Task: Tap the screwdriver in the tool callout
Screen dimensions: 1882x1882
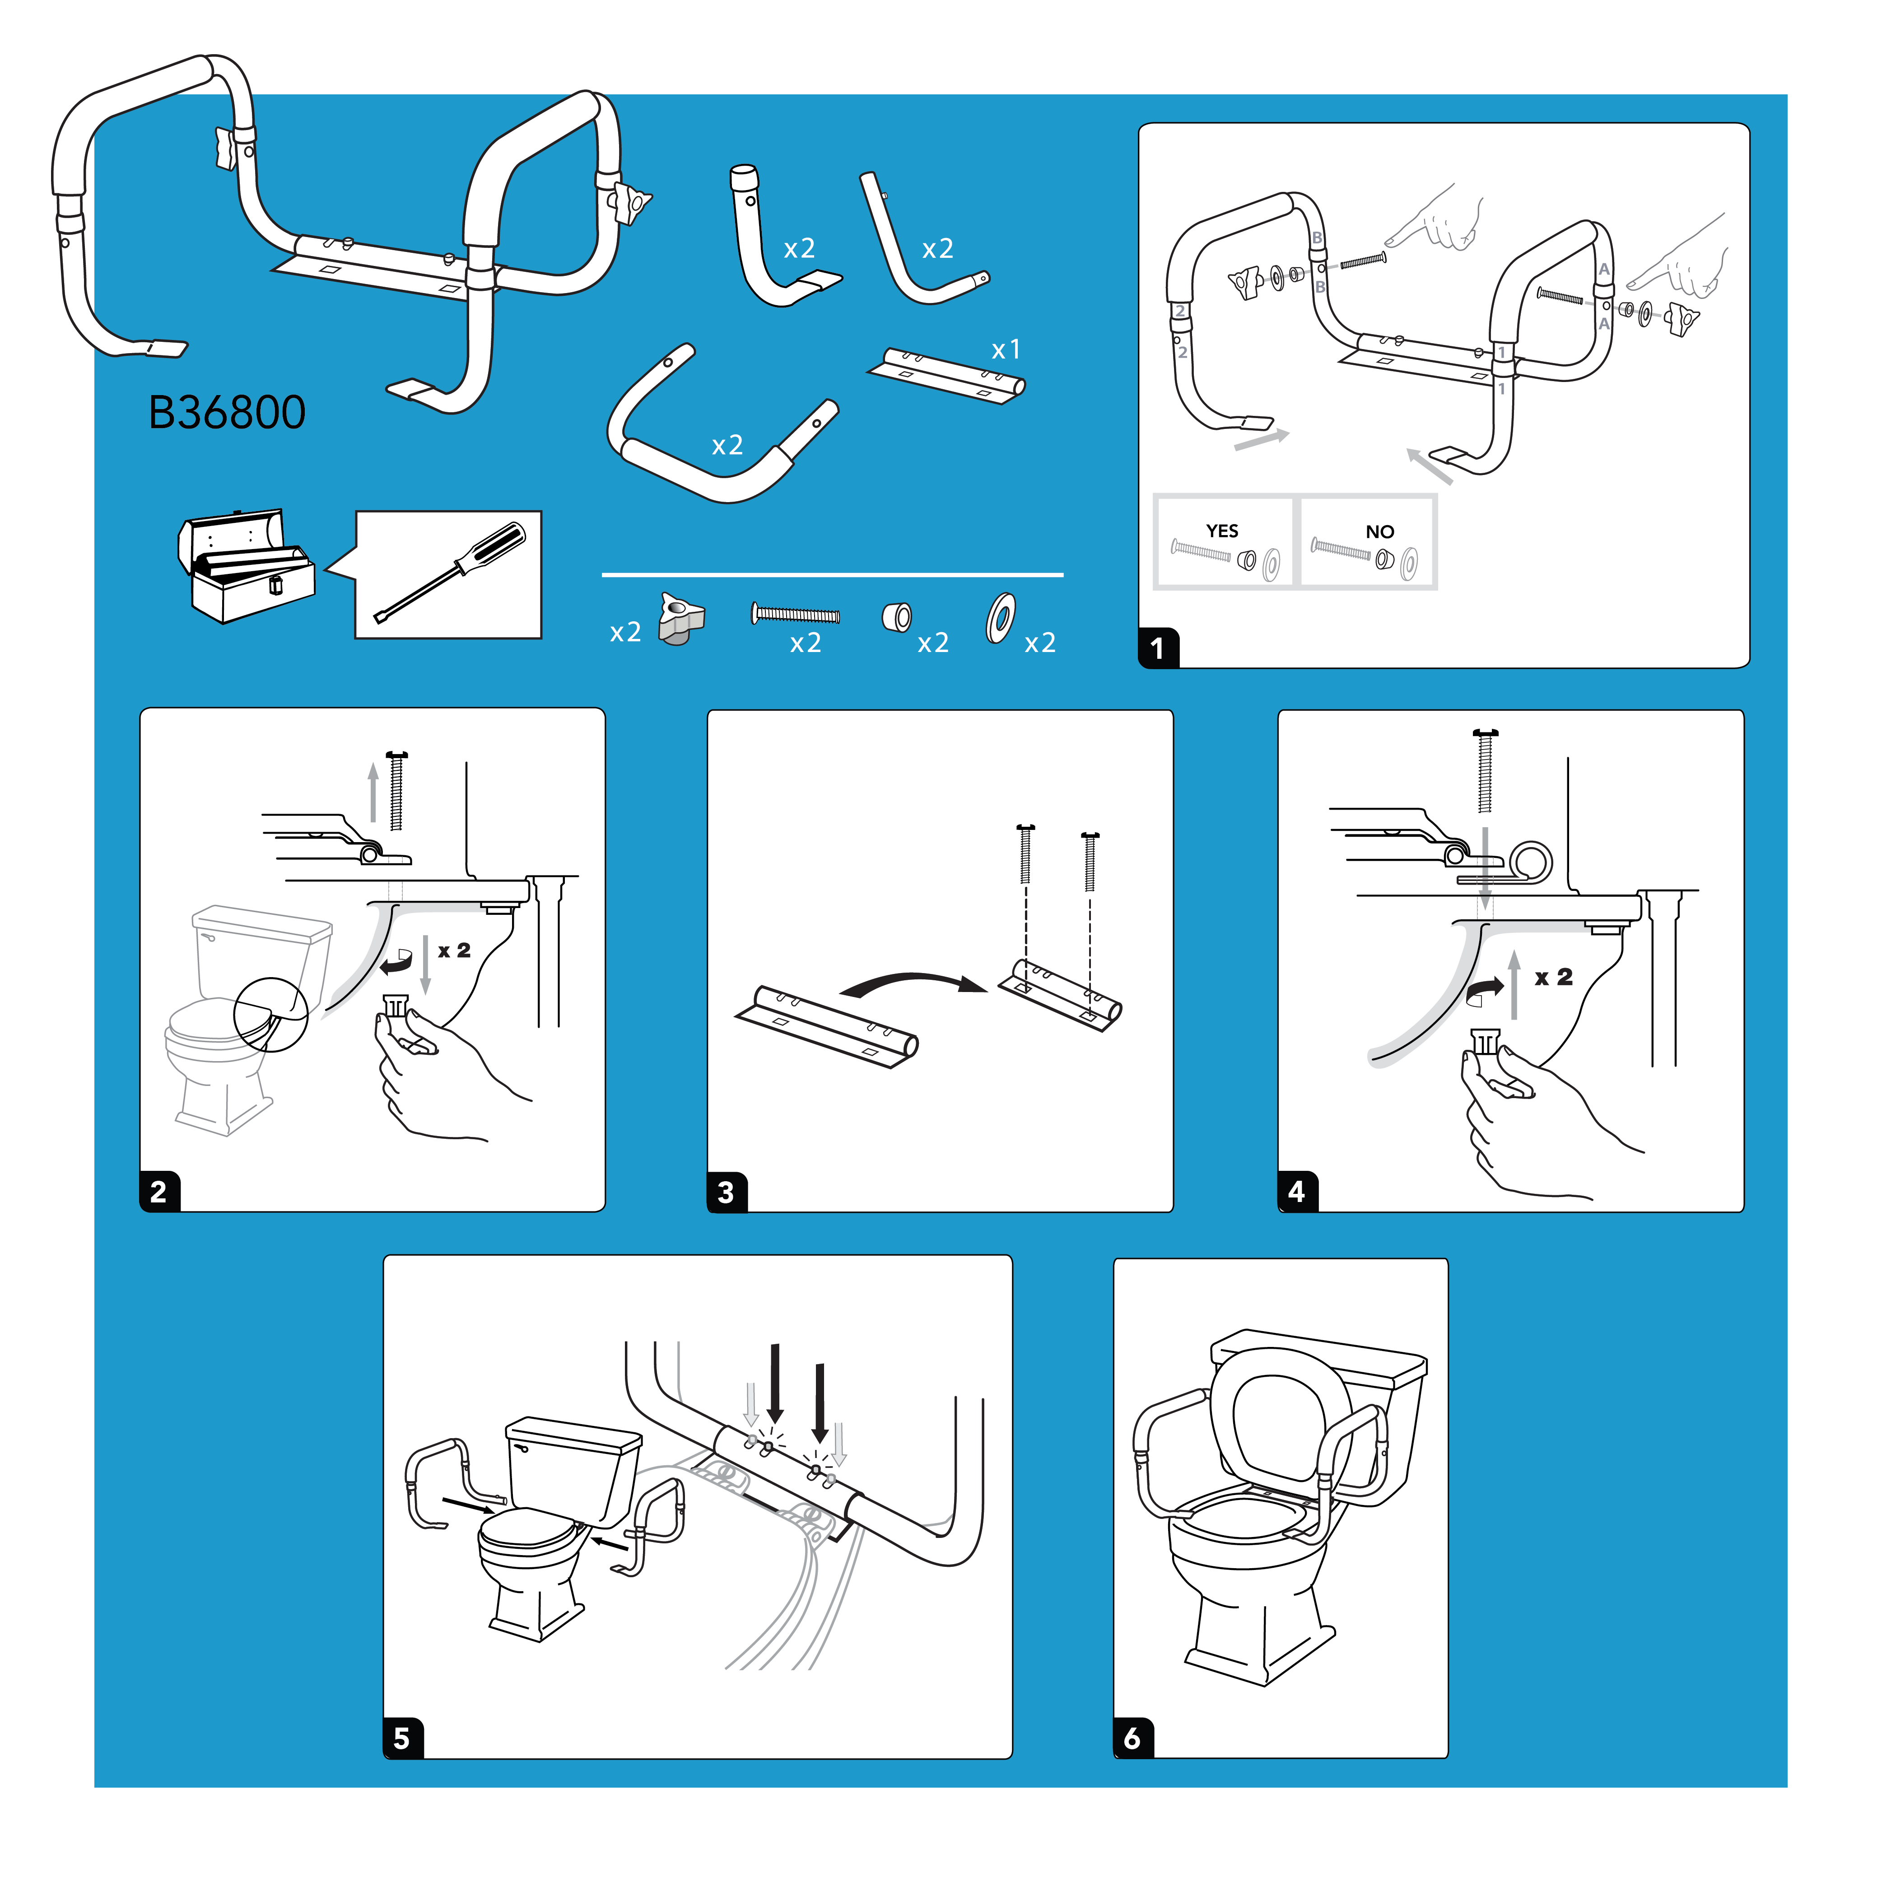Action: pyautogui.click(x=450, y=573)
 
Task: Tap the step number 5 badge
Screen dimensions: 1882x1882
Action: pyautogui.click(x=402, y=1739)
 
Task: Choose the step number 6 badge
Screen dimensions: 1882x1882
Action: pyautogui.click(x=1133, y=1739)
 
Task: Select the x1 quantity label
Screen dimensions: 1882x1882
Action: pyautogui.click(x=1005, y=349)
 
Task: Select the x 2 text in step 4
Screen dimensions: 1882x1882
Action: pyautogui.click(x=1554, y=977)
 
